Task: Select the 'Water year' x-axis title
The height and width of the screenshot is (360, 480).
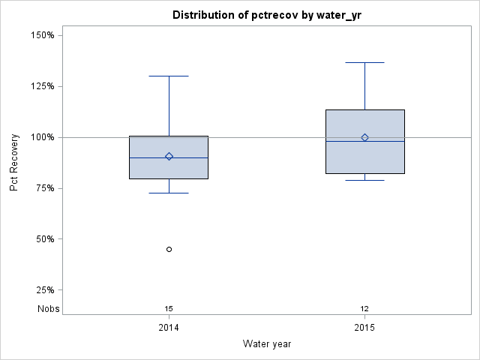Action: [x=267, y=343]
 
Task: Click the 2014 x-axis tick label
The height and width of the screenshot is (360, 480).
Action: [x=169, y=328]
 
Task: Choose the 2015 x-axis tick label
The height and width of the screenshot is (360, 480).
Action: [x=365, y=328]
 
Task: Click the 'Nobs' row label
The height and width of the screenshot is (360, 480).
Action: [x=49, y=308]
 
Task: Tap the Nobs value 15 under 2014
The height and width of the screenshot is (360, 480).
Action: [x=169, y=308]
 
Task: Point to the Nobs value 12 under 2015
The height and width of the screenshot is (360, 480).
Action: [x=365, y=308]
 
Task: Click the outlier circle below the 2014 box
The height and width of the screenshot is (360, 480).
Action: [x=169, y=249]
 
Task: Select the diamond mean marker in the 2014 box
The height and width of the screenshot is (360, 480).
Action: [x=169, y=157]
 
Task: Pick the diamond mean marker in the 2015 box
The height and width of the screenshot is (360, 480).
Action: [x=365, y=137]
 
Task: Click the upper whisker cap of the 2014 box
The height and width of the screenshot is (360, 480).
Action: [x=169, y=76]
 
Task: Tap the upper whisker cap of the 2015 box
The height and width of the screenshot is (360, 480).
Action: [x=365, y=62]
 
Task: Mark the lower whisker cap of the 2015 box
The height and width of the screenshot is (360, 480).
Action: [x=365, y=180]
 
